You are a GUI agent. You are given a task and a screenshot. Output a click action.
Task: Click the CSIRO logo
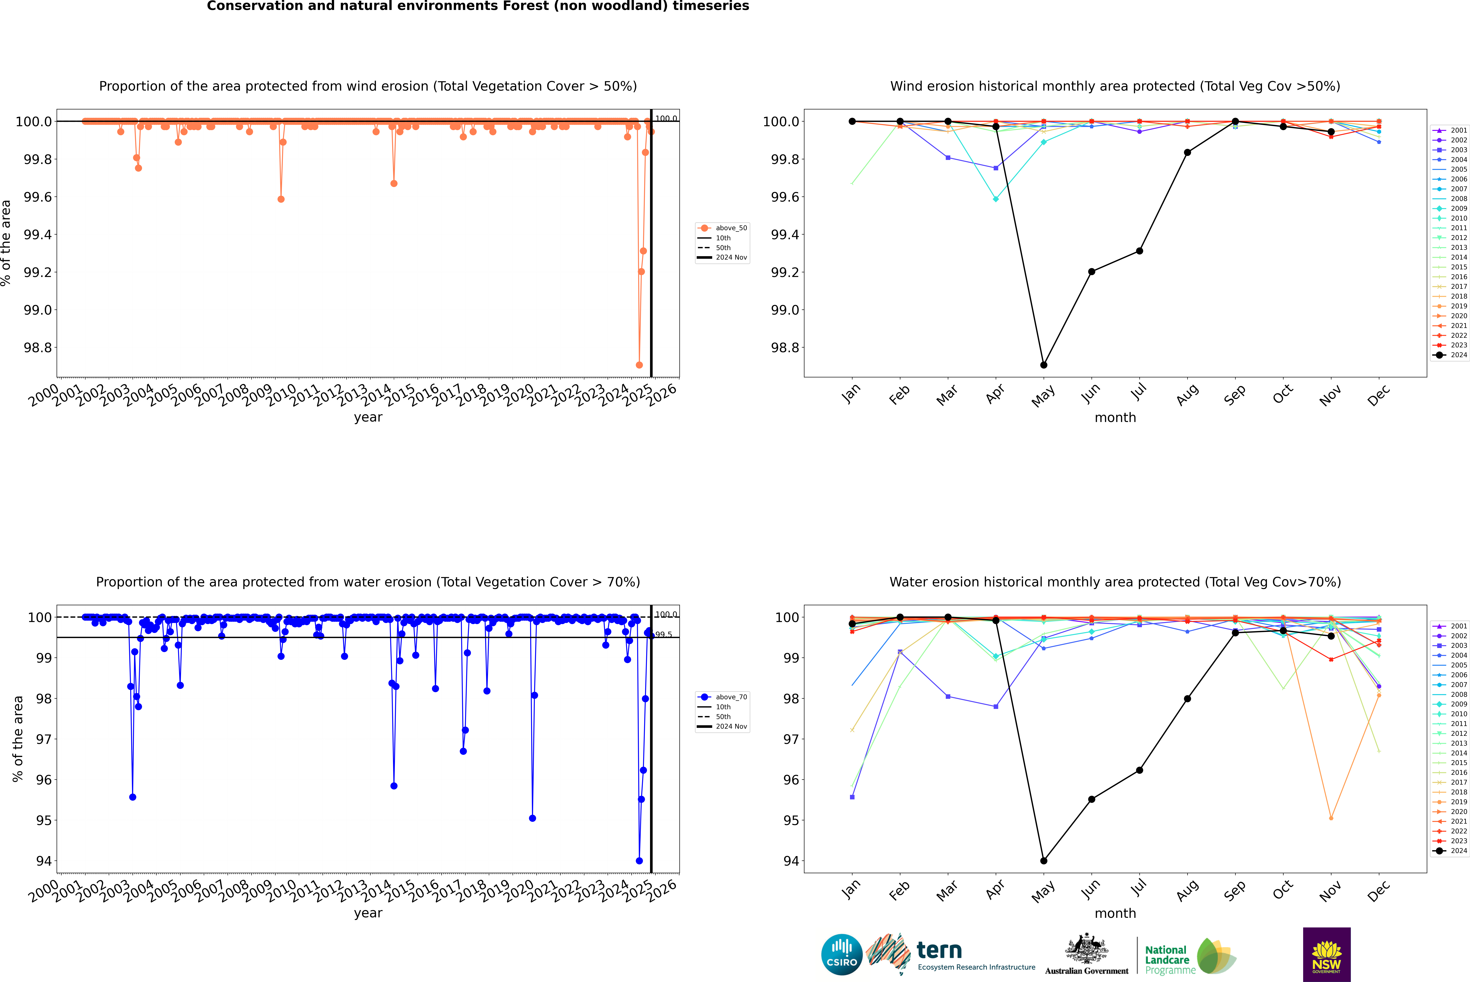pos(842,954)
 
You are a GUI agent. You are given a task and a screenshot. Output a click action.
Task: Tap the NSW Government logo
pos(1326,954)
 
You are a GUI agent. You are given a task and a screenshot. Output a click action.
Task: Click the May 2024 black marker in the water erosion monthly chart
pos(1043,860)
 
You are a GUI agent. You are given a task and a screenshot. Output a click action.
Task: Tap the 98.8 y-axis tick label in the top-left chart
pos(38,348)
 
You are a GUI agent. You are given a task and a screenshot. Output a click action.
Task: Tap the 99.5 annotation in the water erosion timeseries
pos(664,634)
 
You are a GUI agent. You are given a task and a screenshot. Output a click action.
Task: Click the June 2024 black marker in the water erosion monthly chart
pos(1091,799)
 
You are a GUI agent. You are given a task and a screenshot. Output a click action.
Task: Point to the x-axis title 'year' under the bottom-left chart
pos(368,913)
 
